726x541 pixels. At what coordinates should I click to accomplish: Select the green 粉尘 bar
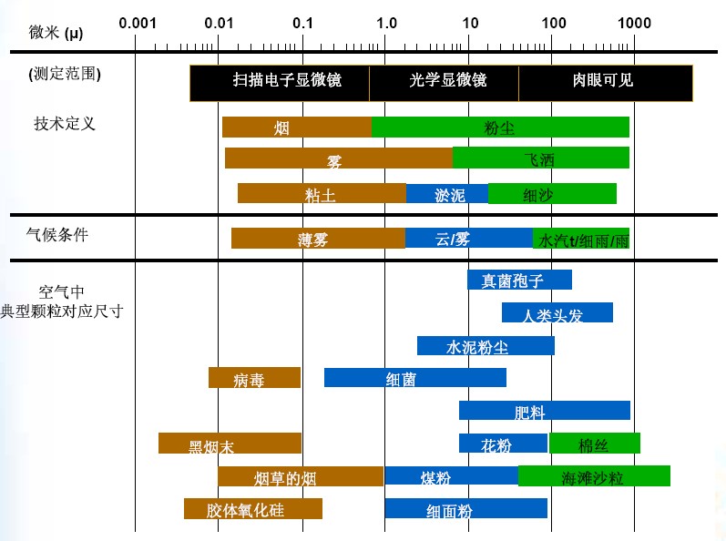[x=500, y=128]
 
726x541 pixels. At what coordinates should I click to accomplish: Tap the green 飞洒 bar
[x=540, y=158]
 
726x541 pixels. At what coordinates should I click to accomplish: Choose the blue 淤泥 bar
[x=446, y=194]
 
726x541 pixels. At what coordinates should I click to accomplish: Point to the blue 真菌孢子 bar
[x=519, y=281]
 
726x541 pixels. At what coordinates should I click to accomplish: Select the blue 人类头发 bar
[x=557, y=313]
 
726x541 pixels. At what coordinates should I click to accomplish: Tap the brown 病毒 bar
[x=254, y=378]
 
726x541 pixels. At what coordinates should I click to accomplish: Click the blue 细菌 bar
[x=414, y=378]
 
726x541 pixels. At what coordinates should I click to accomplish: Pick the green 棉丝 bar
[x=594, y=444]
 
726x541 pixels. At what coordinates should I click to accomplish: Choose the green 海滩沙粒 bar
[x=594, y=476]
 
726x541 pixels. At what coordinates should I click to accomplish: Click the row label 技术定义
[x=65, y=124]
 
